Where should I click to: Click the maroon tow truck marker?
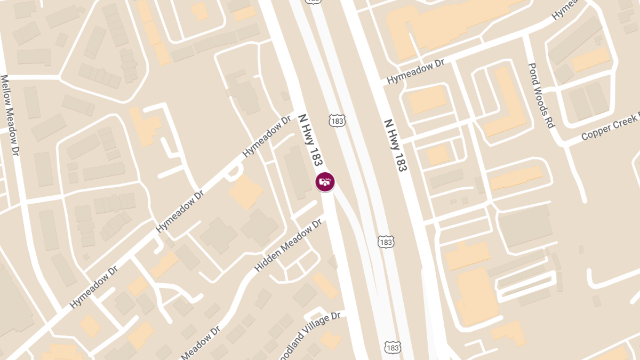pos(325,182)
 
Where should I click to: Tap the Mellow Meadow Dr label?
pos(13,115)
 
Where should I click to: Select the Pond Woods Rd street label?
pos(542,95)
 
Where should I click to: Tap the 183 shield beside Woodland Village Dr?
pos(392,347)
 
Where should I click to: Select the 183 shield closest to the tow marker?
pos(337,120)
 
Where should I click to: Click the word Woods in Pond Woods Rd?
pos(542,96)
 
